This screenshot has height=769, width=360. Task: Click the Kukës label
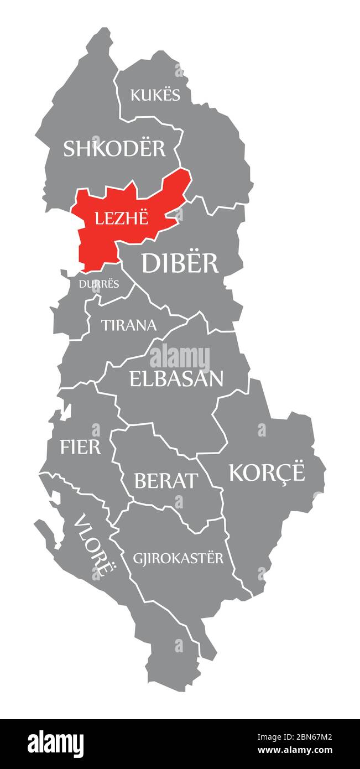[x=155, y=95]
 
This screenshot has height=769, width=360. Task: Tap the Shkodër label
[x=114, y=148]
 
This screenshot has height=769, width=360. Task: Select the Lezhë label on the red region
[x=122, y=218]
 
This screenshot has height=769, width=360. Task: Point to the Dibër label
[x=180, y=262]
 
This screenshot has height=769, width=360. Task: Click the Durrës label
[x=99, y=284]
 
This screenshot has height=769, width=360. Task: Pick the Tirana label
[x=128, y=325]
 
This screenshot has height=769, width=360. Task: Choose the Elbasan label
[x=176, y=378]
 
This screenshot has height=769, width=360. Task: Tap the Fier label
[x=81, y=446]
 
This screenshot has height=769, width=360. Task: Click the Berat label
[x=165, y=481]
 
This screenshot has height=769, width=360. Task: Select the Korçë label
[x=267, y=472]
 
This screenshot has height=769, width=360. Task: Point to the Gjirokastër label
[x=178, y=558]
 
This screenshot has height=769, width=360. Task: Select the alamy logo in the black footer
[x=56, y=744]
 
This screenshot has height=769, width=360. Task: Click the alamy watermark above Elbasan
[x=180, y=358]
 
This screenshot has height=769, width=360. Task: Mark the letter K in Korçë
[x=236, y=472]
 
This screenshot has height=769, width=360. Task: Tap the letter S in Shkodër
[x=69, y=149]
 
